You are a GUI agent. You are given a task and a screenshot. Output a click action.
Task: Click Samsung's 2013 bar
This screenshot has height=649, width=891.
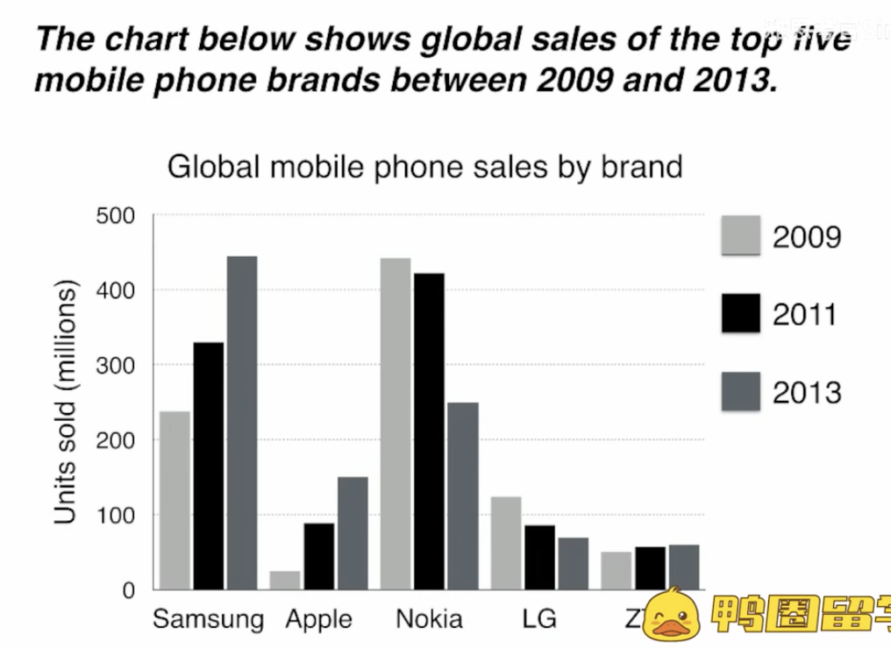(242, 423)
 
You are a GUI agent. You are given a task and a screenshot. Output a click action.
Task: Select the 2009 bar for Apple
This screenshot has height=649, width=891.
(285, 580)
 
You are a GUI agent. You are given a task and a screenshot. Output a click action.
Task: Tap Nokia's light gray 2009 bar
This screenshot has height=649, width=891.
(395, 424)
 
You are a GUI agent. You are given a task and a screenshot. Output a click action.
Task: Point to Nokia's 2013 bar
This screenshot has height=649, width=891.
(462, 496)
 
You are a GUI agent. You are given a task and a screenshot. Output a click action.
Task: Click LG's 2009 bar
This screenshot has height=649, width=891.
(506, 543)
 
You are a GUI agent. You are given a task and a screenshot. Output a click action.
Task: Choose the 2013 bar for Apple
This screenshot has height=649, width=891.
(353, 533)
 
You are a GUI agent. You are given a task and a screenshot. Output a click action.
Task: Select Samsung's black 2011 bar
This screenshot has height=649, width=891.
(209, 466)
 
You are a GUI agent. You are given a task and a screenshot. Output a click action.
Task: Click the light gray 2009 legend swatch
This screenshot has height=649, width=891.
(740, 235)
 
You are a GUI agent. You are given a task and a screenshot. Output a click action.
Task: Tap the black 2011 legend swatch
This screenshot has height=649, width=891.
(740, 313)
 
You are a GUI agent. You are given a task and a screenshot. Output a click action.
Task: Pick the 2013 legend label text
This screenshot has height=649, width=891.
(806, 392)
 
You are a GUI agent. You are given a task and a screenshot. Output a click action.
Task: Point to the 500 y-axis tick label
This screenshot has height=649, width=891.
(116, 216)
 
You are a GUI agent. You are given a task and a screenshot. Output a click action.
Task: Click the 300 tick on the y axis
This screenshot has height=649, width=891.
(116, 365)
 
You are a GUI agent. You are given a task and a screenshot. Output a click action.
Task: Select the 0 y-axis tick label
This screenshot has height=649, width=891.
(129, 590)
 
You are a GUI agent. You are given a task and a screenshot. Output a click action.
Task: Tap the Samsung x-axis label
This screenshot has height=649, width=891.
(208, 619)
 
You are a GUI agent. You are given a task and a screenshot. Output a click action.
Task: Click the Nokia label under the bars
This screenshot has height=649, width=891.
(429, 619)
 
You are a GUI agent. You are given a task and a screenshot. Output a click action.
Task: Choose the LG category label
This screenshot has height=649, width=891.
(538, 619)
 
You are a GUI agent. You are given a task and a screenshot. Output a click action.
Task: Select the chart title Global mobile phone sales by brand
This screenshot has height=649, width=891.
(424, 166)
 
